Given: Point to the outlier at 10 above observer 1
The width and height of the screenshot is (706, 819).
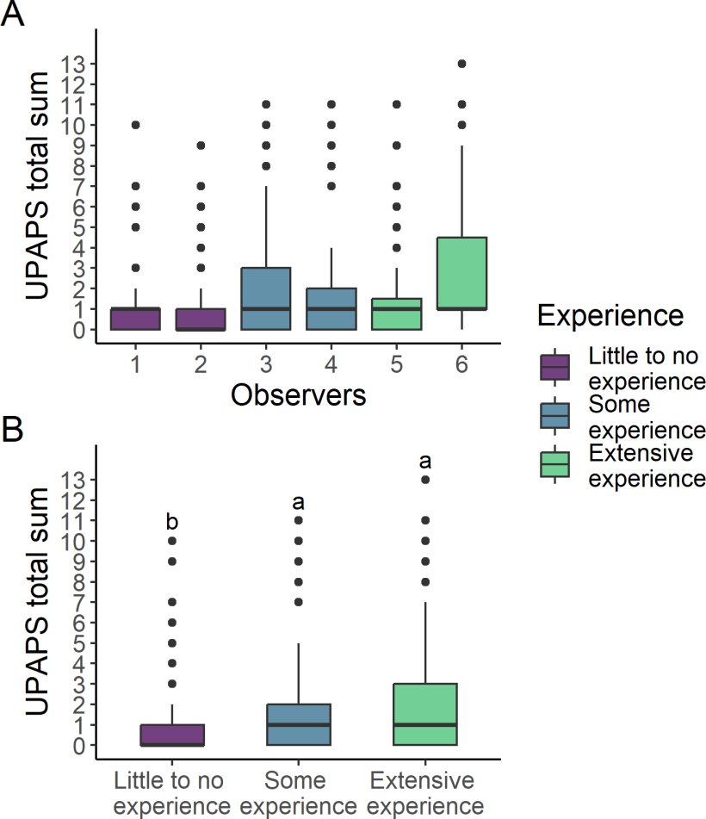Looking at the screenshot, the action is click(136, 125).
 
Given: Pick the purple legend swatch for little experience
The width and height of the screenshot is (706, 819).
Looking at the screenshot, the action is click(554, 366).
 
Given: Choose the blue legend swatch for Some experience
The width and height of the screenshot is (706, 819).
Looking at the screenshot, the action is click(554, 415).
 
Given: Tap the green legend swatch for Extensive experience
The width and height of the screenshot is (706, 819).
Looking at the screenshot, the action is click(554, 464).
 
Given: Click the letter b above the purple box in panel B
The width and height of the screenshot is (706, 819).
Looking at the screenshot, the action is click(172, 522).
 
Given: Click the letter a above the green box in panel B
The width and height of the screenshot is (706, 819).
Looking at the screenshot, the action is click(424, 462).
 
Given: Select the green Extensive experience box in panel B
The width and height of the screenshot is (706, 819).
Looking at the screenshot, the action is click(424, 714).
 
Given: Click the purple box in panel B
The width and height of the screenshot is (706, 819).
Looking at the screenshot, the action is click(172, 735).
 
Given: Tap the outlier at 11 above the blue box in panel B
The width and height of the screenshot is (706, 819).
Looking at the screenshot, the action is click(298, 520).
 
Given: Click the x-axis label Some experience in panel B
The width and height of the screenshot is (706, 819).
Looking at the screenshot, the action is click(298, 793).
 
